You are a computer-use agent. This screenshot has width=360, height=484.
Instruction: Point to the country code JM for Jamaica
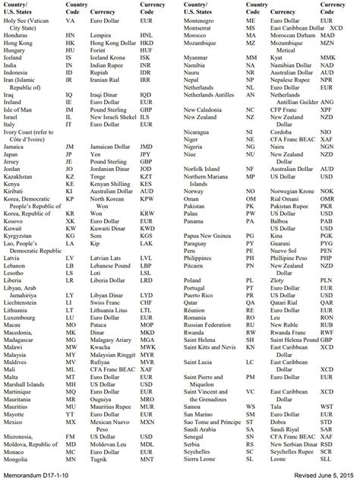[71, 145]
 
